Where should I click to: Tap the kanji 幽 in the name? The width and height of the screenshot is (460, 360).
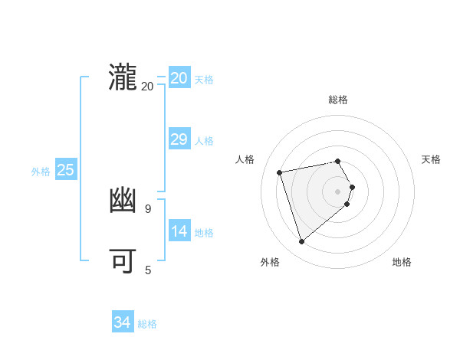coord(123,201)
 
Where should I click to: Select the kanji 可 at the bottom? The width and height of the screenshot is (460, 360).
coord(123,261)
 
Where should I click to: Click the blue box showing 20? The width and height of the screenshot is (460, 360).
coord(179,78)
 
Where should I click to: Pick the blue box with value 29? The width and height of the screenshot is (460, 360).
coord(179,139)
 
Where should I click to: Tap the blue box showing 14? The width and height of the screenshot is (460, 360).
coord(179,231)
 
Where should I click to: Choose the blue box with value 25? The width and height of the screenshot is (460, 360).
coord(65,170)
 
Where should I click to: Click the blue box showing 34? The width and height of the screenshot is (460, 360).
coord(122,322)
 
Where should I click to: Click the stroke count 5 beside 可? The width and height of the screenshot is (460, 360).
coord(147,270)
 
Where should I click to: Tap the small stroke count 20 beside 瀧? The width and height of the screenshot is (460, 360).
coord(147,86)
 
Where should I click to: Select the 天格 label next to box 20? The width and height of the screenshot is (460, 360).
coord(204,80)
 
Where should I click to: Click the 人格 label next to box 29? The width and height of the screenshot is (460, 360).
coord(204,141)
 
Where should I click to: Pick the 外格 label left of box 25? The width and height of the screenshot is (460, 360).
coord(41,172)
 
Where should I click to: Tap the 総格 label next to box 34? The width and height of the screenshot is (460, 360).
coord(147,324)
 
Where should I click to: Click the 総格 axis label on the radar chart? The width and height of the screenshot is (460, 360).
coord(338,100)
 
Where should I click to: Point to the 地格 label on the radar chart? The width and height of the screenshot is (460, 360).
coord(402,262)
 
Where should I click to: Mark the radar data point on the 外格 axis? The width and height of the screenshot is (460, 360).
coord(302,242)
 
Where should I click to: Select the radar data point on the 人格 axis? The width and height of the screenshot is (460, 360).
coord(280,172)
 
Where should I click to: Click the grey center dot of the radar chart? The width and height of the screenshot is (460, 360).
coord(338,191)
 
